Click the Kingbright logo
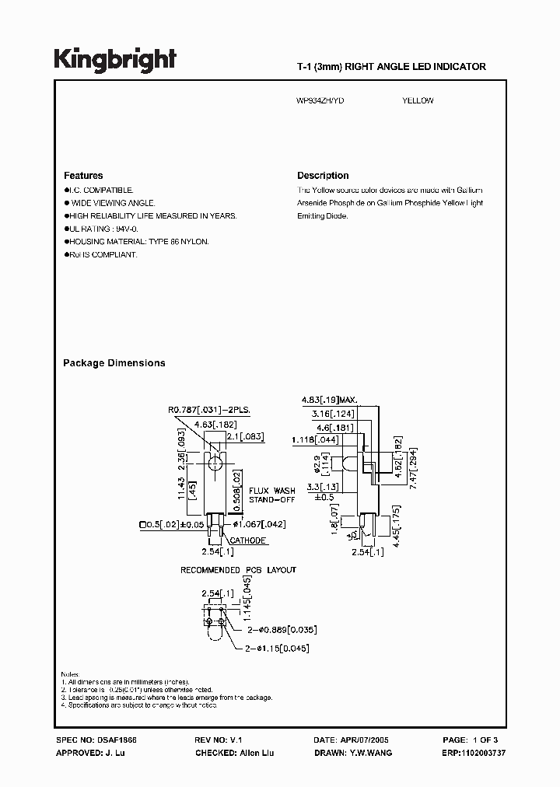pos(115,60)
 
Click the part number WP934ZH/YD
pos(322,101)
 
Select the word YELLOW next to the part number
pos(418,101)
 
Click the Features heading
pos(83,176)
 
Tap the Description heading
pos(323,176)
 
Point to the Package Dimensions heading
pos(114,363)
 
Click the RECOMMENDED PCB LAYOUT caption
pos(238,570)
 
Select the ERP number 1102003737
pos(474,754)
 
